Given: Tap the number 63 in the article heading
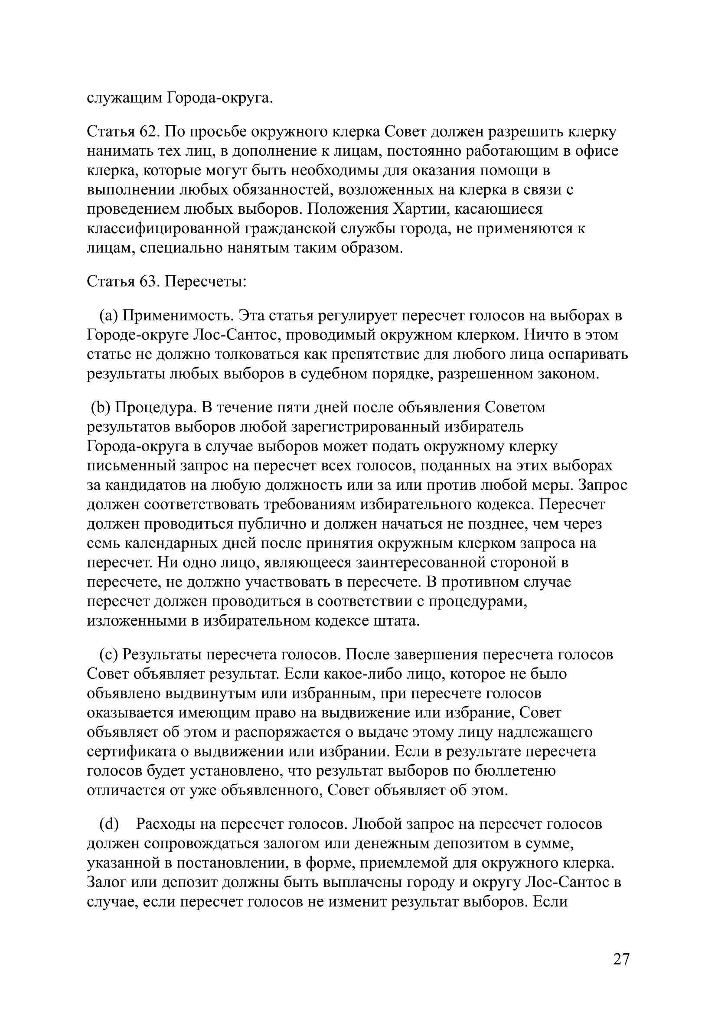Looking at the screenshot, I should (x=150, y=280).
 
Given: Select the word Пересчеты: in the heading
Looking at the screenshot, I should (x=206, y=280).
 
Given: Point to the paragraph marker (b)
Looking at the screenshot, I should (x=101, y=407).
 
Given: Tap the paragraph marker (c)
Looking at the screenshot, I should (x=108, y=654).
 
